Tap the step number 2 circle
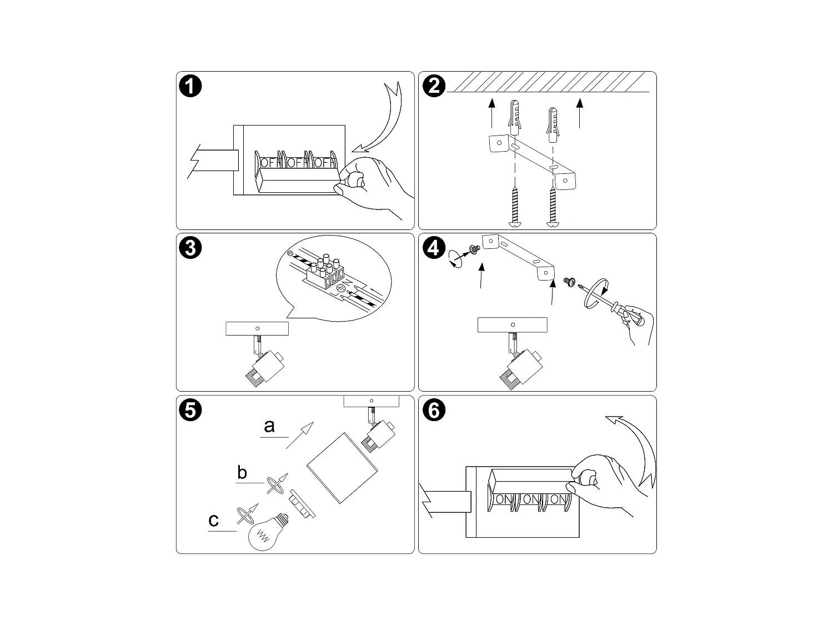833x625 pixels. pyautogui.click(x=434, y=86)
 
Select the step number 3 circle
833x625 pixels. pyautogui.click(x=190, y=248)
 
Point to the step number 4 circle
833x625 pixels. pyautogui.click(x=434, y=248)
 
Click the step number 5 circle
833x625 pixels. pyautogui.click(x=190, y=410)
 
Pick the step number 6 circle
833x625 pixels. pyautogui.click(x=434, y=410)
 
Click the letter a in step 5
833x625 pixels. pyautogui.click(x=269, y=426)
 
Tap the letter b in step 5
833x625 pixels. pyautogui.click(x=242, y=473)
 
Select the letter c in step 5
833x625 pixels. pyautogui.click(x=214, y=521)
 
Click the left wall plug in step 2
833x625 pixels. pyautogui.click(x=515, y=118)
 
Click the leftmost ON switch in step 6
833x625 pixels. pyautogui.click(x=504, y=499)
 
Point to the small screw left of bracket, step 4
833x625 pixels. pyautogui.click(x=474, y=251)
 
